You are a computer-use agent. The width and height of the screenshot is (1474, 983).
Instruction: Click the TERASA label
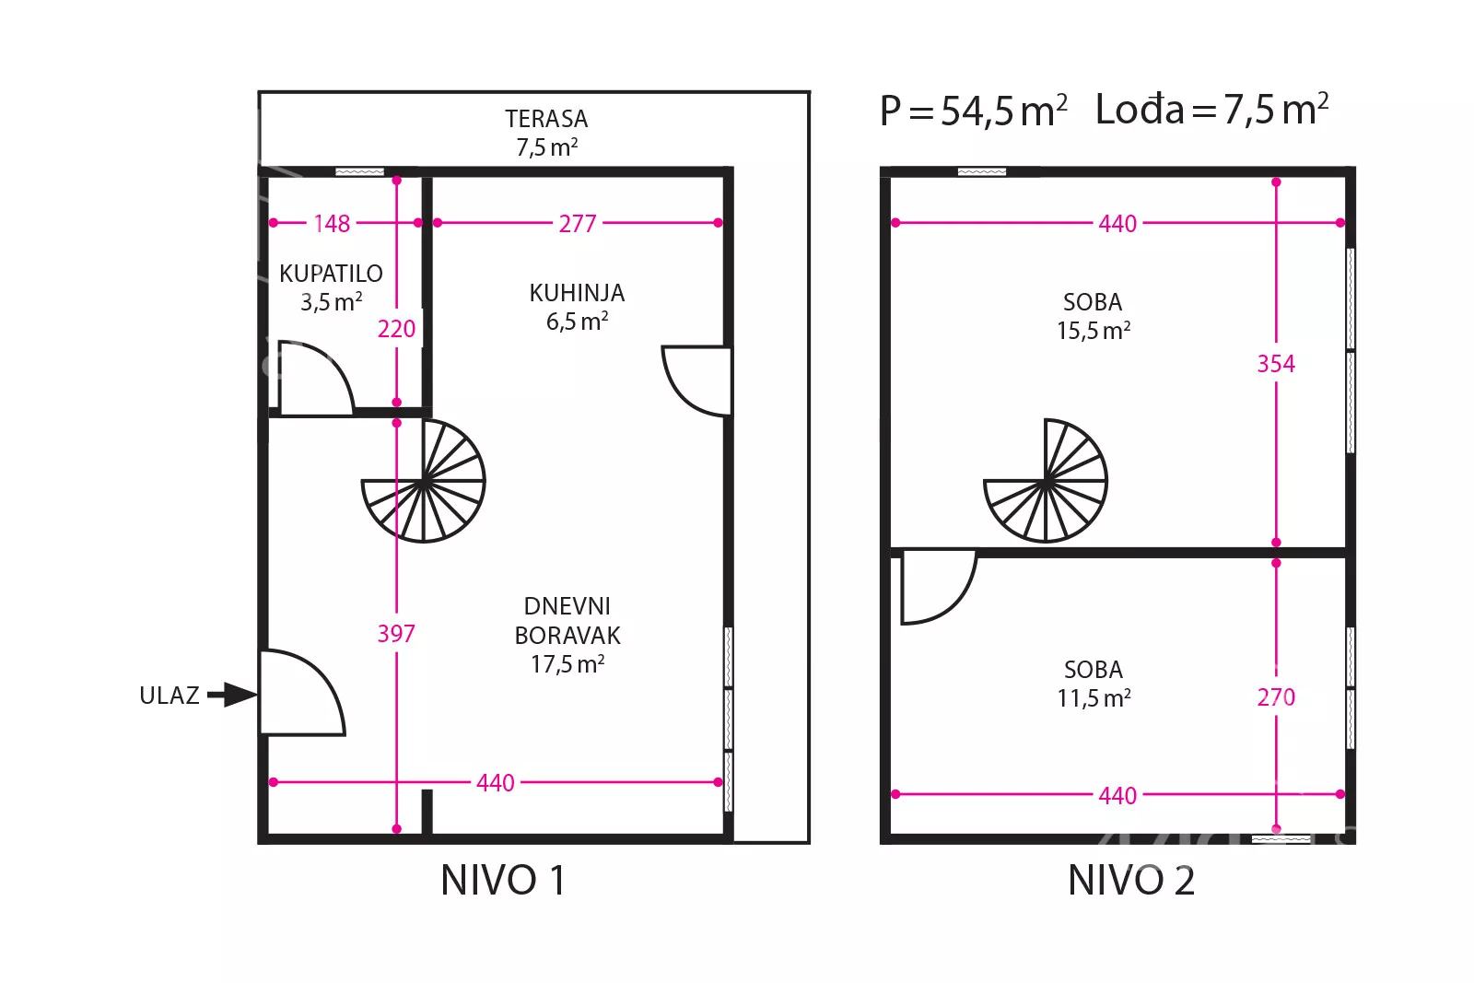coord(546,119)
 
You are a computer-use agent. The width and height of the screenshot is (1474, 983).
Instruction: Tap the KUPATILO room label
coord(331,273)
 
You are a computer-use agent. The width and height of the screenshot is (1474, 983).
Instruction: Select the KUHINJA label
coord(577,293)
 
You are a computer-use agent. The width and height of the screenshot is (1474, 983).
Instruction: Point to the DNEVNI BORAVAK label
coord(567,620)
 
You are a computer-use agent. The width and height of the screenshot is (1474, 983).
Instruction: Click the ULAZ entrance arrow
coord(231,695)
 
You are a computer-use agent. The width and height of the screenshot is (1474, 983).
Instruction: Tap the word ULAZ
coord(170,696)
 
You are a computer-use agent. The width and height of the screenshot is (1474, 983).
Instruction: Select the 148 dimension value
coord(332,224)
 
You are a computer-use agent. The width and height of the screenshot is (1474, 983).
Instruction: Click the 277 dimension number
coord(578,224)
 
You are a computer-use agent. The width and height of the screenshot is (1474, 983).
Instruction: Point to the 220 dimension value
coord(397,328)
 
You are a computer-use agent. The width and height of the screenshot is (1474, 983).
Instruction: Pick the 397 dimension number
coord(396,633)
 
